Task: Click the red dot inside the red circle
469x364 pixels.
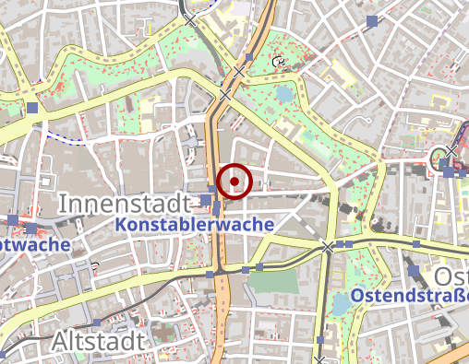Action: pos(235,182)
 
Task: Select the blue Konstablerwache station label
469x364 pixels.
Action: pos(195,224)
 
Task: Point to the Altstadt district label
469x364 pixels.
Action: pos(99,342)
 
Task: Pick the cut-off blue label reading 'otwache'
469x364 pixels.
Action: pos(35,245)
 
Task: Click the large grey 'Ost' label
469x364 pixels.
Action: pos(451,276)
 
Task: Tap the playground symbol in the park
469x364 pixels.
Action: pos(279,63)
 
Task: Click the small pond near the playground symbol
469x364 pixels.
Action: pos(283,92)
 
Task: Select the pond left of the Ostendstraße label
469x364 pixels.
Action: pos(343,306)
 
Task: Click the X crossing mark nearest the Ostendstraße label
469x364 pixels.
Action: pos(327,246)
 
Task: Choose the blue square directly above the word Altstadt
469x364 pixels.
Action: pos(97,323)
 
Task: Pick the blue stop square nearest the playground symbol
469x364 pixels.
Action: pos(249,57)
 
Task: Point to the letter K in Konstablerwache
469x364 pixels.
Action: pos(123,224)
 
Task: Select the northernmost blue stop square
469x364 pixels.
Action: pos(372,20)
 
